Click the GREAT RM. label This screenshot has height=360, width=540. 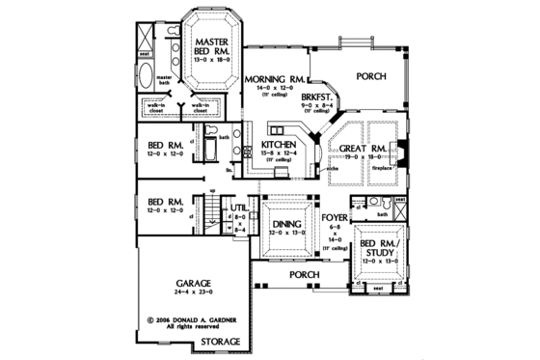click(364, 149)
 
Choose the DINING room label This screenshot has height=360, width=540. click(286, 221)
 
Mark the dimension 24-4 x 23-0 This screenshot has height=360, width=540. click(194, 286)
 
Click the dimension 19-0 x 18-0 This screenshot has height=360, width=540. click(364, 160)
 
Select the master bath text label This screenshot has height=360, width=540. click(164, 79)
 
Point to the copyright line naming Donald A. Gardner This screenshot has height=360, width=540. click(193, 318)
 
